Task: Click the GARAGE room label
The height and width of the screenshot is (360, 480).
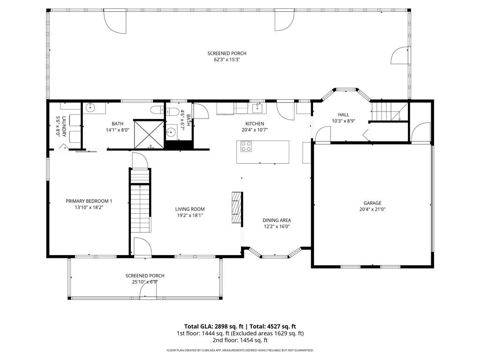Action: point(373,203)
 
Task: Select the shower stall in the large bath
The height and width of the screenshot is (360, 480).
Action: point(149,134)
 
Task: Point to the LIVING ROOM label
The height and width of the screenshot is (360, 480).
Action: point(190,209)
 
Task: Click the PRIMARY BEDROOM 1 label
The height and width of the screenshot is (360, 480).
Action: point(89,201)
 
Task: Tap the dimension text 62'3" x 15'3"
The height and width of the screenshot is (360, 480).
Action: point(227,60)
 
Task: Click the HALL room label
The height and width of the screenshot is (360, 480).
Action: point(344,114)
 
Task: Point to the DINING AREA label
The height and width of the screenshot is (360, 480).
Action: point(277,220)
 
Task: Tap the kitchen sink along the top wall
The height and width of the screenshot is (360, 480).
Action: point(257,108)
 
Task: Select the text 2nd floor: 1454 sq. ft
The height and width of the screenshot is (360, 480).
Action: point(240,340)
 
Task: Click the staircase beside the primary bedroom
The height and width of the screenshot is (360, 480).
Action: point(140,206)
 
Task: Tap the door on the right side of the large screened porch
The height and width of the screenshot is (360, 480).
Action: point(399,56)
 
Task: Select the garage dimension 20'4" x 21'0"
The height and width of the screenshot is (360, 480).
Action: point(373,210)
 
